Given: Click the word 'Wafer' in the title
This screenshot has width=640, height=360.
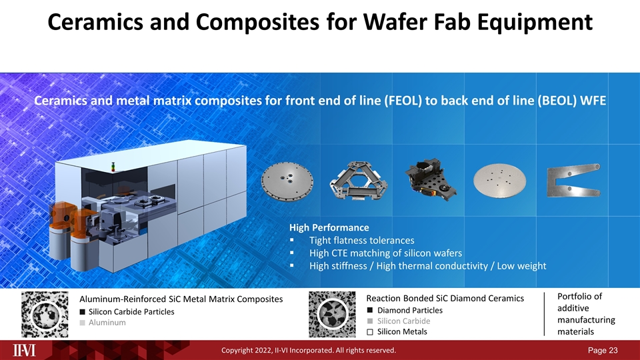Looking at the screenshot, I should [x=393, y=23].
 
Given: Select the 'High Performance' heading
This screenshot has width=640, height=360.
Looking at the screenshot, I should [x=329, y=227].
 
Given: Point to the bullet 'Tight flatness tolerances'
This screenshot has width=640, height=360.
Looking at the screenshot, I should [x=362, y=240].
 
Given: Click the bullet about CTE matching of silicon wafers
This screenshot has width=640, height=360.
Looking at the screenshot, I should [x=386, y=253].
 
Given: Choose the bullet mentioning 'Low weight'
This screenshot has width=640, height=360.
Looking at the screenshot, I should [x=427, y=266].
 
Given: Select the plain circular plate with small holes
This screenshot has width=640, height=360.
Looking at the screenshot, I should [x=499, y=179].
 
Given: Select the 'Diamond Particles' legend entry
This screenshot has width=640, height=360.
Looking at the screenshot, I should [x=409, y=311].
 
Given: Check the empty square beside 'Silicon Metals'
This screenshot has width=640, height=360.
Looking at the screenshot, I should [x=369, y=332].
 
